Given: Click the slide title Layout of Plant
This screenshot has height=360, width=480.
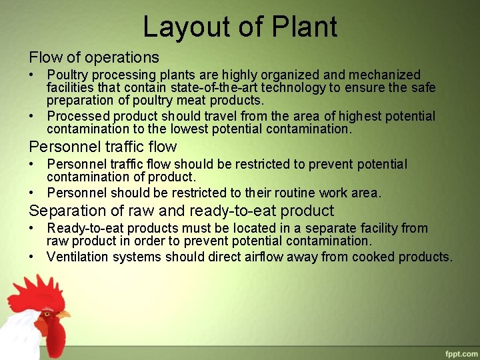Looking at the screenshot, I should tap(240, 27).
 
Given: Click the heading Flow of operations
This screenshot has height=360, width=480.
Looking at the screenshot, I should tap(94, 57).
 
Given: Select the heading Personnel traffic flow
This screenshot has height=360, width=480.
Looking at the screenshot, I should tap(103, 147).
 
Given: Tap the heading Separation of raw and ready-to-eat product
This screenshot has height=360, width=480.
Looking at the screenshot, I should tap(181, 211).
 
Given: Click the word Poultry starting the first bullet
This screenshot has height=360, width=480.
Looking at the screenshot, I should tap(69, 75).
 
